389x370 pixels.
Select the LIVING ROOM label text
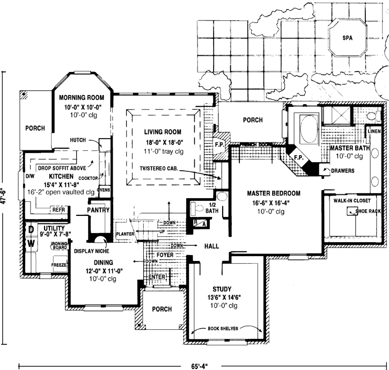[163, 132]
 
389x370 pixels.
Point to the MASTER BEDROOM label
[273, 193]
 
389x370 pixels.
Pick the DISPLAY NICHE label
[92, 250]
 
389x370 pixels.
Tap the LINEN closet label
[374, 131]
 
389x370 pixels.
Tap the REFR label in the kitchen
[58, 210]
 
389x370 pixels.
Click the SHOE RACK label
[368, 212]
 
